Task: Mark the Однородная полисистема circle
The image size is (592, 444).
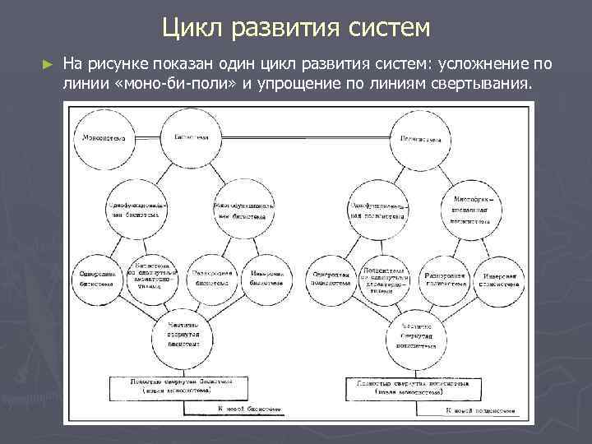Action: (x=330, y=276)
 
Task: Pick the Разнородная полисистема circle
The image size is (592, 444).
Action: (x=446, y=275)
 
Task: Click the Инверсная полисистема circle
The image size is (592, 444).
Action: (x=499, y=275)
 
